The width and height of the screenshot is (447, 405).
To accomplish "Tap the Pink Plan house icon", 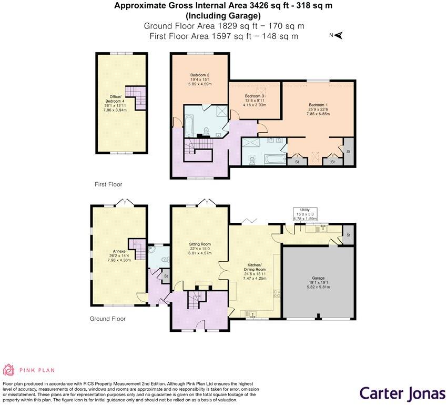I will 9,370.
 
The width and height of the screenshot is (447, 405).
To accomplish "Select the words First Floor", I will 108,184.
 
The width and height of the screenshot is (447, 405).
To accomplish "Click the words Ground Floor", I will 107,319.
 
